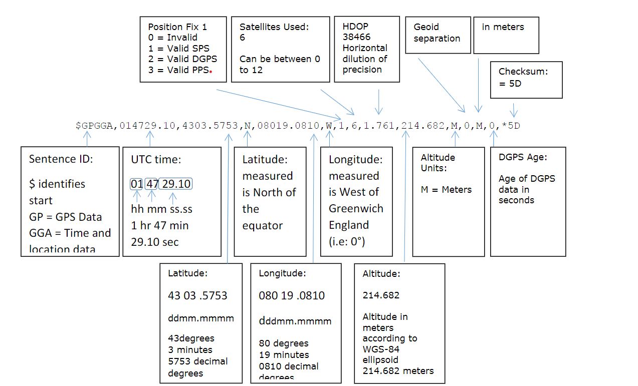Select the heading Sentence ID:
click(x=61, y=159)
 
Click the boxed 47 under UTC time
click(x=152, y=184)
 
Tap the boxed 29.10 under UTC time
click(x=176, y=184)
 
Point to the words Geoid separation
click(x=437, y=33)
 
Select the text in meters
click(x=503, y=27)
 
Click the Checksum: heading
click(x=523, y=72)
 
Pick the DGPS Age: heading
click(x=523, y=157)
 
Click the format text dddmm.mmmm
click(x=295, y=321)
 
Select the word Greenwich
click(x=356, y=208)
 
